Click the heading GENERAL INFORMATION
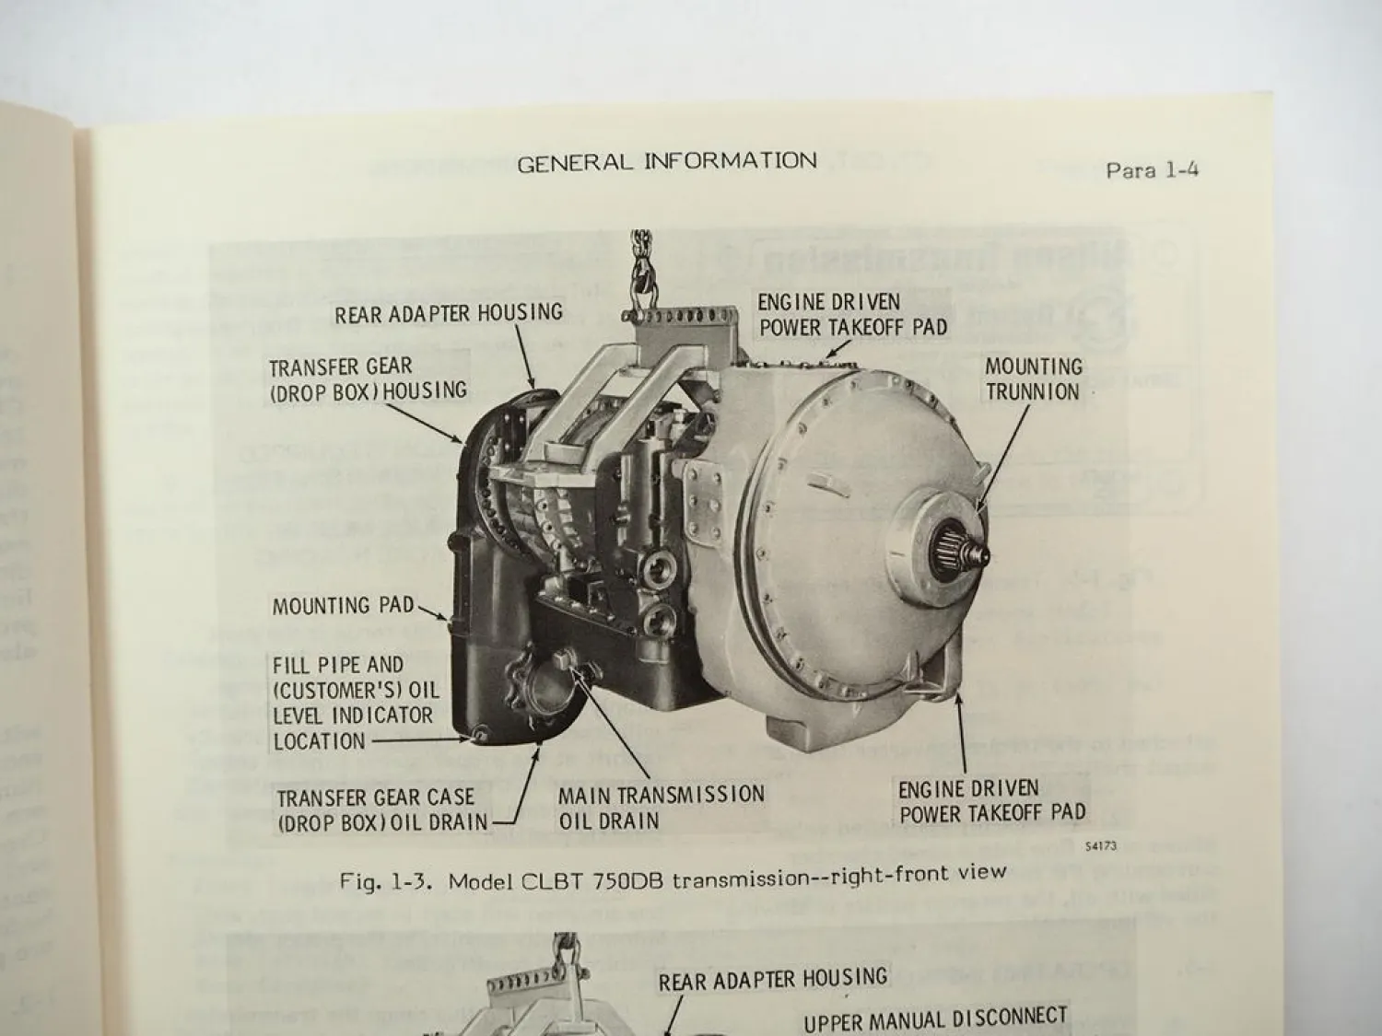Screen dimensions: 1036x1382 (x=666, y=162)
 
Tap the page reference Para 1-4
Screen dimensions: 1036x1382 (x=1152, y=169)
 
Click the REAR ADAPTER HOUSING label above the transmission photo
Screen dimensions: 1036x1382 (x=448, y=313)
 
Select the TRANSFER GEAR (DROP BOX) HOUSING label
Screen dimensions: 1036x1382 (x=368, y=378)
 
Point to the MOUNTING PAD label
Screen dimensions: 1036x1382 (x=343, y=606)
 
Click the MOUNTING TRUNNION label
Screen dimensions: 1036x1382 (x=1033, y=378)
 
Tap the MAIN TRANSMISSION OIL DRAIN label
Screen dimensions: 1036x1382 (x=661, y=807)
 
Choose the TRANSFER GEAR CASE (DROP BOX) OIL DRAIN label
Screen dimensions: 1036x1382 (x=381, y=809)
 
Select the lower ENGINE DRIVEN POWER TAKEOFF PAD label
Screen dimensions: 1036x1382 (x=991, y=800)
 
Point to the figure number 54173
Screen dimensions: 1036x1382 (x=1100, y=846)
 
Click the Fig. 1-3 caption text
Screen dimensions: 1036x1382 (x=672, y=877)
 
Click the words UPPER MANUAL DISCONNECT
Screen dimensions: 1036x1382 (x=934, y=1019)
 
